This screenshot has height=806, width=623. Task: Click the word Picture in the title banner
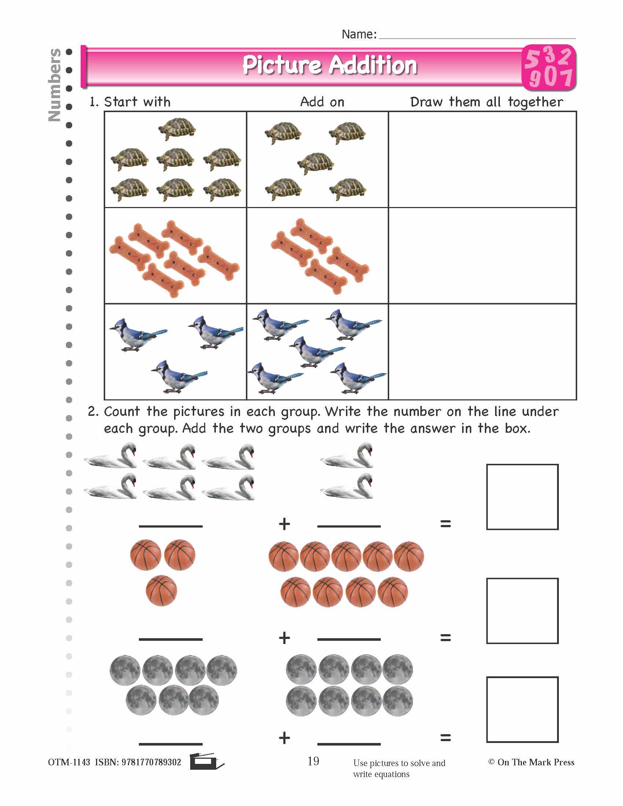pos(281,65)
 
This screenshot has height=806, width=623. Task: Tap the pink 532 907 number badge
pos(549,68)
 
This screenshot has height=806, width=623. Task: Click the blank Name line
pos(477,36)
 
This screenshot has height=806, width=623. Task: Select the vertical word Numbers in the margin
pos(55,85)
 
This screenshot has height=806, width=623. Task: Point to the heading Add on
pos(322,102)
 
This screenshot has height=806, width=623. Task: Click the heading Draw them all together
pos(486,102)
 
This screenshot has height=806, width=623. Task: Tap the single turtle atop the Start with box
pos(177,129)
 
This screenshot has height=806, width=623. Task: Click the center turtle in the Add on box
pos(316,163)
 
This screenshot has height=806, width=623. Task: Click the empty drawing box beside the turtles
pos(482,159)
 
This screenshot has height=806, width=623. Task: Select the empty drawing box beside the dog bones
pos(482,255)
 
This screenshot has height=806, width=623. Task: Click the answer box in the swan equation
pos(522,497)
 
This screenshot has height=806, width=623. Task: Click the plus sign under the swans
pos(284,524)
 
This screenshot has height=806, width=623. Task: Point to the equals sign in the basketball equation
pos(446,637)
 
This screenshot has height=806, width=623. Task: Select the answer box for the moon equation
pos(522,709)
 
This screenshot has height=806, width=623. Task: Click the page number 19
pos(313,761)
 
